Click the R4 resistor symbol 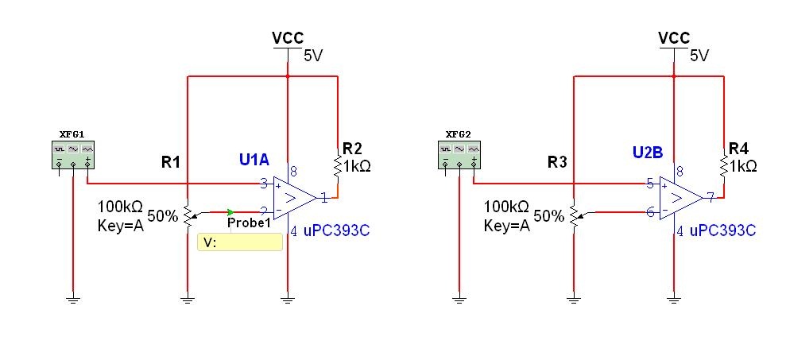click(x=724, y=168)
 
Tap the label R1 click(x=172, y=163)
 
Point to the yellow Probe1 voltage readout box click(x=239, y=242)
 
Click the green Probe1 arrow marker click(x=230, y=211)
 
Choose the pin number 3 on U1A click(x=264, y=184)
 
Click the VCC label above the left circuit click(x=288, y=38)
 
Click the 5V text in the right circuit click(x=699, y=56)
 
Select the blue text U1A click(x=256, y=161)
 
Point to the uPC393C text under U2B click(x=722, y=231)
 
